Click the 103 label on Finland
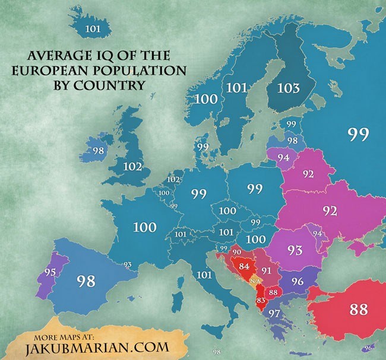click(x=289, y=88)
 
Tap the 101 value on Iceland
click(x=93, y=28)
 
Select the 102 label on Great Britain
click(x=132, y=167)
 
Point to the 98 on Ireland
click(x=99, y=151)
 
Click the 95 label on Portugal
click(x=50, y=272)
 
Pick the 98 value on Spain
click(x=87, y=281)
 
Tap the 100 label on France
click(x=144, y=227)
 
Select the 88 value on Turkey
click(x=359, y=309)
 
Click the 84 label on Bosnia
click(x=243, y=266)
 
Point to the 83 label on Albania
click(x=261, y=301)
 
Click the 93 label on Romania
click(x=295, y=250)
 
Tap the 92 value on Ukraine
click(x=330, y=210)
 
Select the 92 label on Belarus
click(x=308, y=174)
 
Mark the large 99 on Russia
click(x=358, y=135)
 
